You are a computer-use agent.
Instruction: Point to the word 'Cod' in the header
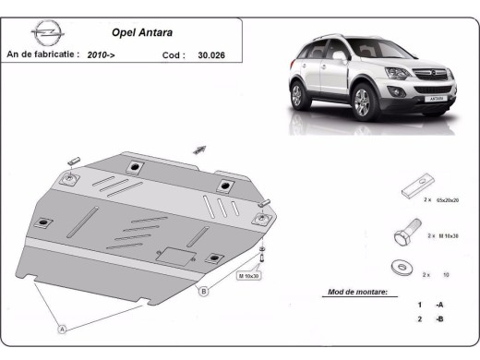coord(171,54)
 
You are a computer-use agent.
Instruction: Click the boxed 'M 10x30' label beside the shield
coord(250,275)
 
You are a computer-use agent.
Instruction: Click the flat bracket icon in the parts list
coord(411,191)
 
